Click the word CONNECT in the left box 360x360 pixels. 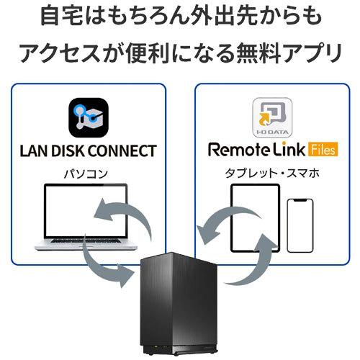[122, 151]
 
